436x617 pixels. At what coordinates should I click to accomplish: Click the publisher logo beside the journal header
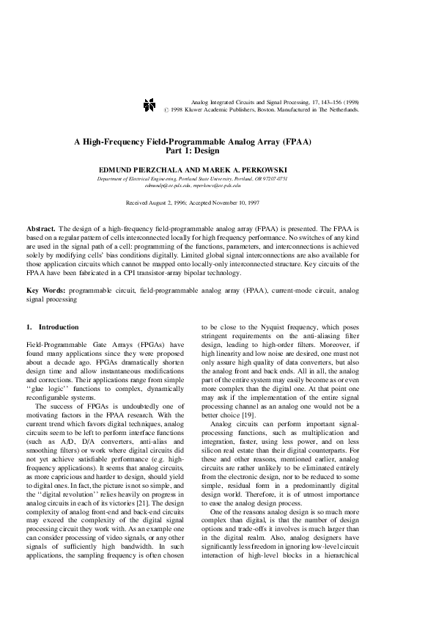(x=149, y=105)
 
